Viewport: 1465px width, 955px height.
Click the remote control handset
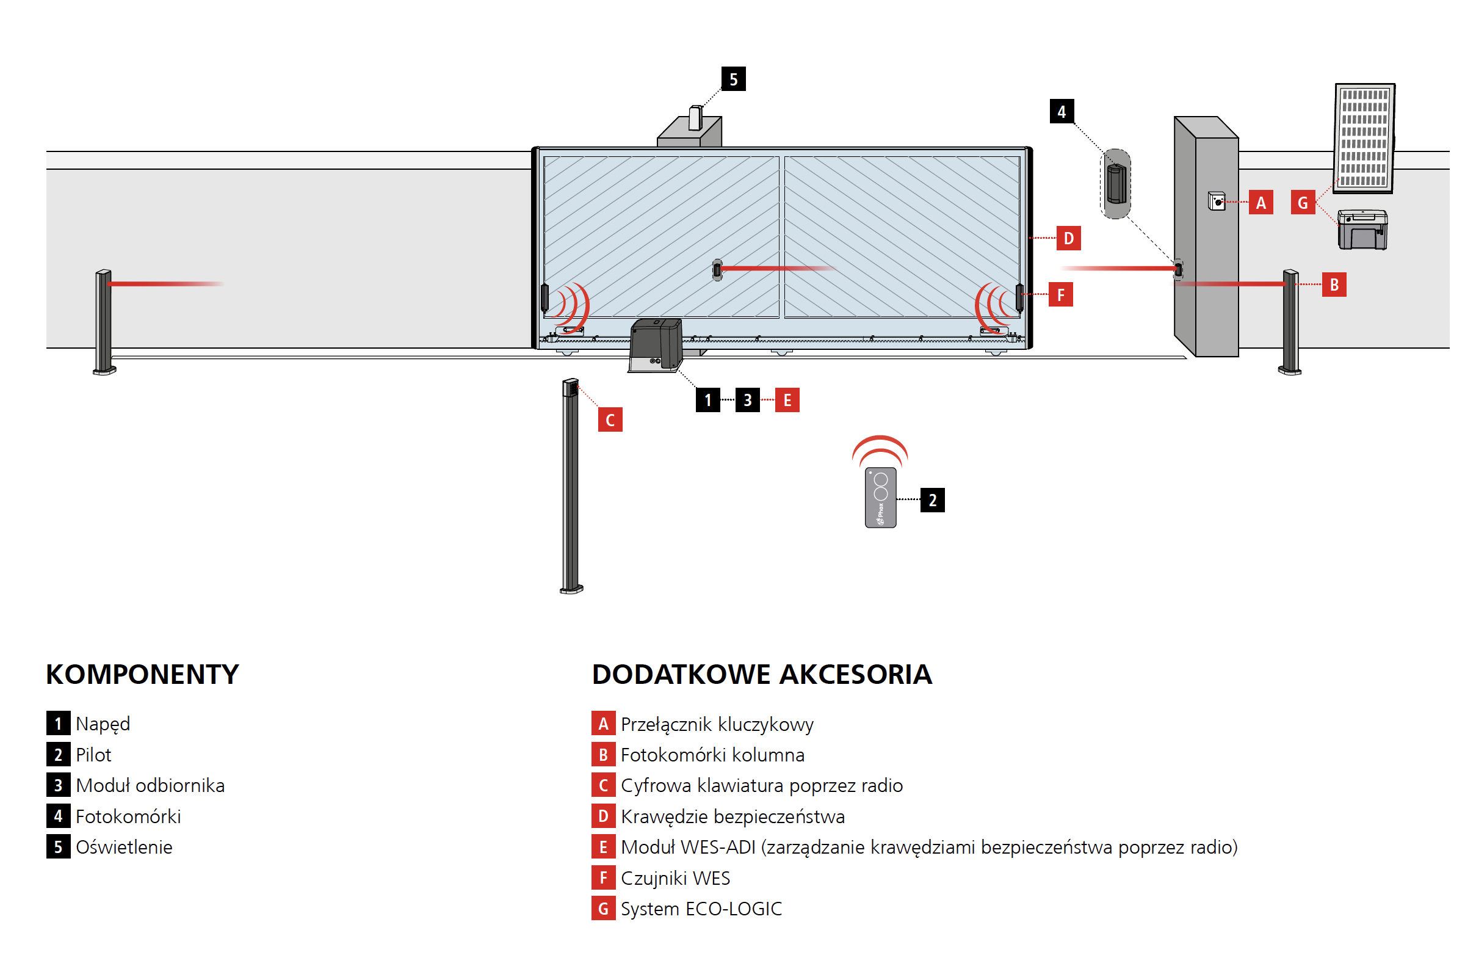pos(880,497)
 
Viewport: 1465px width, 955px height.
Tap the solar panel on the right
pos(1364,137)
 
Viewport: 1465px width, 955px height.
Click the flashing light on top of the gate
pos(695,118)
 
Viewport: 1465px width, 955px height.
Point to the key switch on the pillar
pos(1217,202)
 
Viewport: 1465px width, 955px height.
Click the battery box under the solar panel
pos(1362,230)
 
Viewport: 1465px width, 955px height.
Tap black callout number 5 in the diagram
pos(733,79)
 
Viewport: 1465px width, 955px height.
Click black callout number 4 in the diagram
pos(1061,112)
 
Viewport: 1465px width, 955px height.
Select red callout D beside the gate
pos(1069,238)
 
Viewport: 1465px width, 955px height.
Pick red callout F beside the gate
pos(1060,295)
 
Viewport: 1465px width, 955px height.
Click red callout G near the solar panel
pos(1303,203)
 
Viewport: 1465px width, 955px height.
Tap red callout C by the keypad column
pos(610,420)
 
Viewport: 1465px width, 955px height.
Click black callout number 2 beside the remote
pos(932,500)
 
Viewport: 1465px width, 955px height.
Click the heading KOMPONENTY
pos(142,675)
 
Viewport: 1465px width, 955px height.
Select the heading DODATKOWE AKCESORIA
pos(761,675)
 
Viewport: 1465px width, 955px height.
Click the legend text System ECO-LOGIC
pos(701,909)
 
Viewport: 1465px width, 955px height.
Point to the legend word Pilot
pos(93,755)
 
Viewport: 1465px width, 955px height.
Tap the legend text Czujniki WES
pos(675,878)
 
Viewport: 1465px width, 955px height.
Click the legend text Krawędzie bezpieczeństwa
pos(733,816)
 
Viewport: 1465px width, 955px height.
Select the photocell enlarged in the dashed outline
pos(1116,183)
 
